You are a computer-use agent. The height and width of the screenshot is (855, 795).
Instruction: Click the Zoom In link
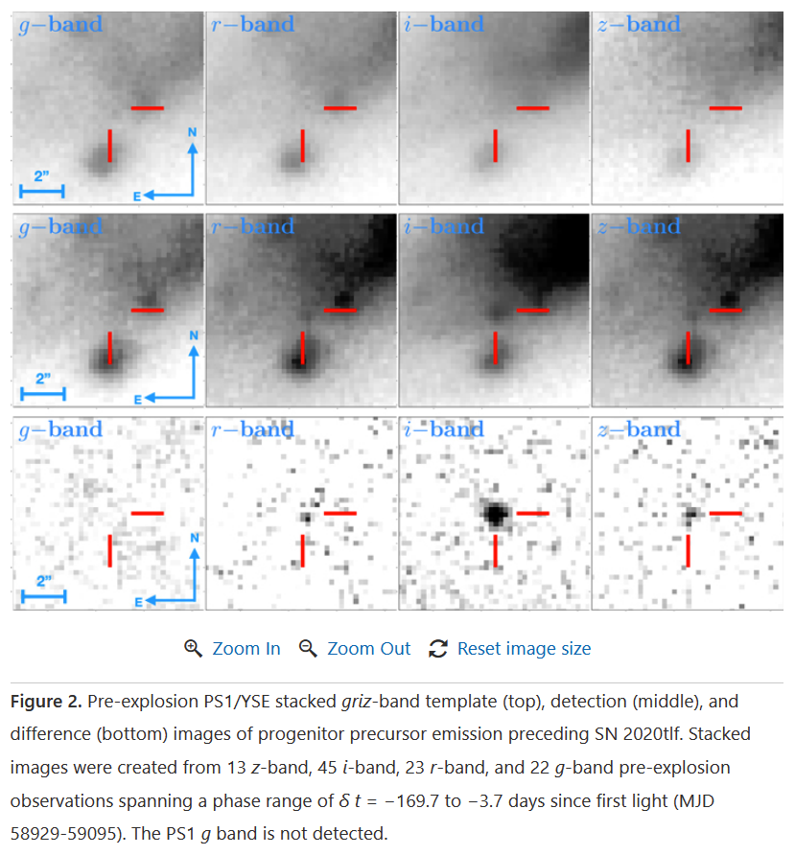click(x=246, y=649)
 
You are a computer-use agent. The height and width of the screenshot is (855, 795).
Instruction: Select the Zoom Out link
click(x=368, y=649)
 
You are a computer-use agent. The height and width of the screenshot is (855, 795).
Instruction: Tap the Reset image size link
click(x=524, y=649)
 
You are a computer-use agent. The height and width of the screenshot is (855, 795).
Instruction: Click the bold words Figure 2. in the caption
click(x=46, y=703)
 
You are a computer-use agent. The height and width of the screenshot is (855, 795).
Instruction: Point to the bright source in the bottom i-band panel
click(x=496, y=514)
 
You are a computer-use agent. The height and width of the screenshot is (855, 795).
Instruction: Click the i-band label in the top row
click(x=444, y=24)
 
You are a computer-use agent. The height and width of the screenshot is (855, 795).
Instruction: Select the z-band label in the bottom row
click(x=639, y=429)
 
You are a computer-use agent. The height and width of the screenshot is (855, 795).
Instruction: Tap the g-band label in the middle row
click(x=60, y=227)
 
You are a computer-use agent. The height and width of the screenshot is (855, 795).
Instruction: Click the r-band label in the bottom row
click(x=252, y=429)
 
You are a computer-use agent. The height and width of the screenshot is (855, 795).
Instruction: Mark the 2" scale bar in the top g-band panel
click(x=42, y=191)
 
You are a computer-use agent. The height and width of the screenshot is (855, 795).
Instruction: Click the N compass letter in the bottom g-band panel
click(x=195, y=538)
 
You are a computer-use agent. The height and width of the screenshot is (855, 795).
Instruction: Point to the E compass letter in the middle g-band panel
click(x=138, y=398)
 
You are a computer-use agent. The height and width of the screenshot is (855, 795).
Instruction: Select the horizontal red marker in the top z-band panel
click(x=725, y=107)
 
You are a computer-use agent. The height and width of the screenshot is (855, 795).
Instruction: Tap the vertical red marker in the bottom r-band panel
click(x=302, y=550)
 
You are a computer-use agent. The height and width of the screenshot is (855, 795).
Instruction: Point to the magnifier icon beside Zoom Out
click(x=308, y=649)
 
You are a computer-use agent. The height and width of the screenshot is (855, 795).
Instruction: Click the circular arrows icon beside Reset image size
click(x=438, y=649)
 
